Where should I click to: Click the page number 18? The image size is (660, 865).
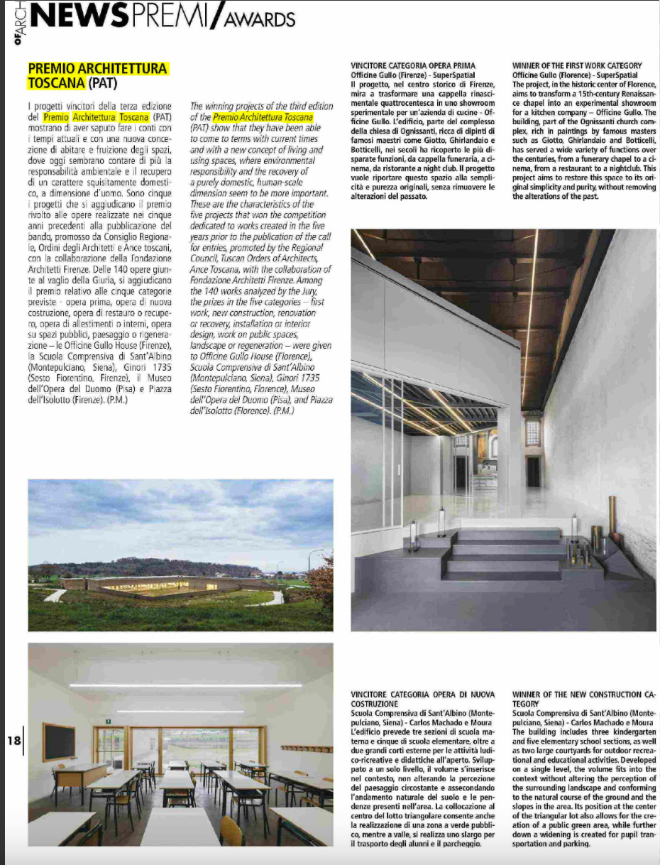(x=15, y=739)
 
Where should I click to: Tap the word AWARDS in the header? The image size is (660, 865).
(x=258, y=19)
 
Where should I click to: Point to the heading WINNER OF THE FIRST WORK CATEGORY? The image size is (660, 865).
(x=576, y=65)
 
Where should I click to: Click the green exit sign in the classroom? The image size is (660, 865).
(x=107, y=721)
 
